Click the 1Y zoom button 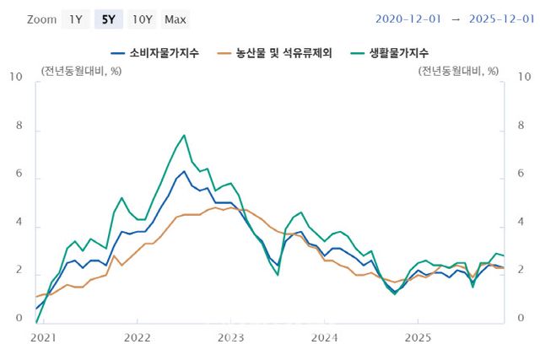pyautogui.click(x=75, y=19)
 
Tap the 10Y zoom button pyautogui.click(x=142, y=19)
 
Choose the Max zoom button pyautogui.click(x=175, y=19)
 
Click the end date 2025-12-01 pyautogui.click(x=494, y=19)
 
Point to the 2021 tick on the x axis pyautogui.click(x=42, y=337)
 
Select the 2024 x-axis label pyautogui.click(x=324, y=337)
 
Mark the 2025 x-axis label pyautogui.click(x=418, y=337)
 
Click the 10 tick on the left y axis pyautogui.click(x=16, y=77)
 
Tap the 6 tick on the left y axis pyautogui.click(x=19, y=179)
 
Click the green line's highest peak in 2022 pyautogui.click(x=184, y=135)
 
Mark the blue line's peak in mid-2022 pyautogui.click(x=184, y=171)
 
